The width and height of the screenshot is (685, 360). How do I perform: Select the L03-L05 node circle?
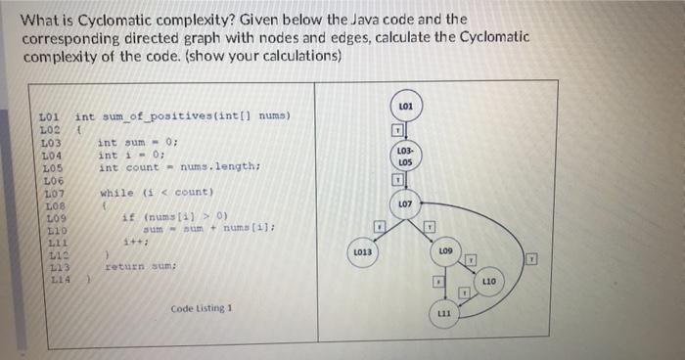tap(405, 156)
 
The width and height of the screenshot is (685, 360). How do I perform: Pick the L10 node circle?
tap(489, 282)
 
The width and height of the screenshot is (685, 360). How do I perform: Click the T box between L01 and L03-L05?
tap(398, 131)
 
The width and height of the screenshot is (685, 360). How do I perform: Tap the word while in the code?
tap(114, 192)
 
